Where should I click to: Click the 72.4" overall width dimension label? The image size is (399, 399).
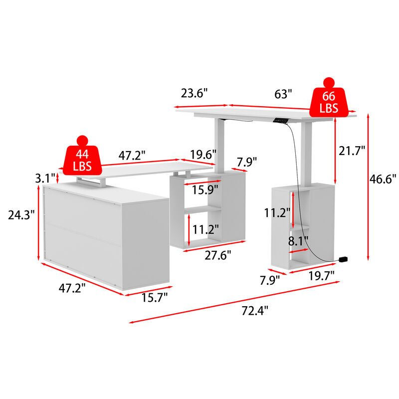(x=255, y=310)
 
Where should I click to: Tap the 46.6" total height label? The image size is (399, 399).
(x=384, y=178)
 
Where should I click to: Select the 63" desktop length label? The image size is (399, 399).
(x=283, y=94)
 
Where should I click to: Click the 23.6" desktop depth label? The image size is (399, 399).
(x=194, y=94)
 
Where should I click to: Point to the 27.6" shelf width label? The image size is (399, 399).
(x=218, y=256)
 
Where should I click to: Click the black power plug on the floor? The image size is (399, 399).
(x=343, y=259)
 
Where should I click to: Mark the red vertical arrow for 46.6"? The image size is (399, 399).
(x=368, y=187)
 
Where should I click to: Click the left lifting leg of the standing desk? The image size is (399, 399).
(x=218, y=145)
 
